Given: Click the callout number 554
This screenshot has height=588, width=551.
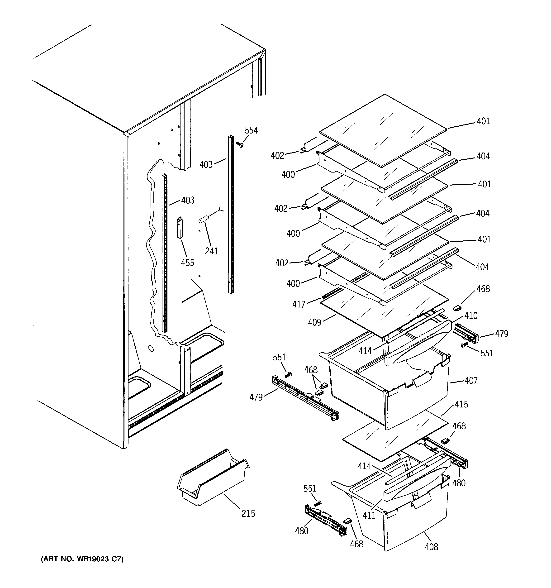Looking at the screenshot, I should (251, 130).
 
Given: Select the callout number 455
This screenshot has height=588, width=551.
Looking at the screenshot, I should (188, 263).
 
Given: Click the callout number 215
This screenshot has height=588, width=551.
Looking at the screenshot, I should (248, 513).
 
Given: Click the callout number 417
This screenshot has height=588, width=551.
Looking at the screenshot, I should (299, 304).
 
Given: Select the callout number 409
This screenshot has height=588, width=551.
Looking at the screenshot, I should (314, 322).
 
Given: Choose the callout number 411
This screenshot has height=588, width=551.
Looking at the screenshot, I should (369, 515).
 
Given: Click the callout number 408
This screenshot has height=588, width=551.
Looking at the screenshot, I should (431, 547).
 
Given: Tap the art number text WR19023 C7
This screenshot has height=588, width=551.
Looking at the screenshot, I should (82, 559).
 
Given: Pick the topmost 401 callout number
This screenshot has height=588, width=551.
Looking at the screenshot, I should (483, 121).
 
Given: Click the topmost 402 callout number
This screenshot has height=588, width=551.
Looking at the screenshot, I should (277, 155).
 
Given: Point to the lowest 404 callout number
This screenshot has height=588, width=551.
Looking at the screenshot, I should (482, 267).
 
